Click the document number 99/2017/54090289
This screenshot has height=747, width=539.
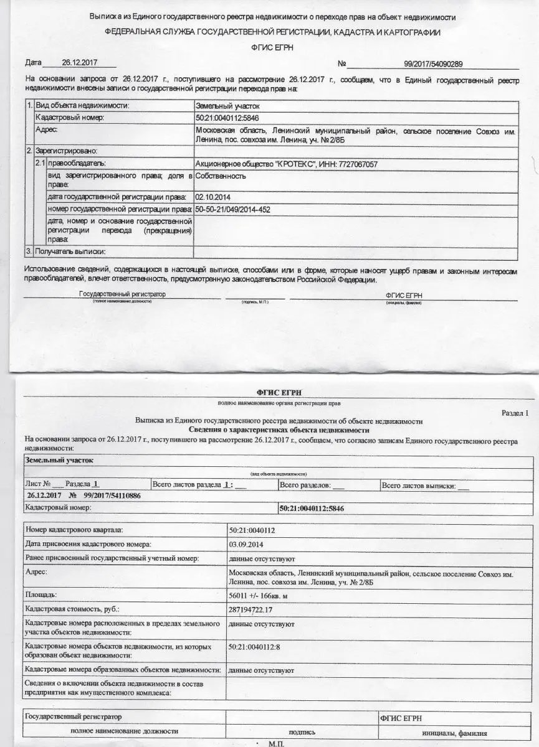click(433, 63)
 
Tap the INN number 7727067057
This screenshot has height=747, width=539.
click(356, 164)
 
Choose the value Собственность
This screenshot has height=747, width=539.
click(221, 176)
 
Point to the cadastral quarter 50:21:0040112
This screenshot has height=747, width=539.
click(252, 530)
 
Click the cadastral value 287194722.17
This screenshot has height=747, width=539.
click(256, 609)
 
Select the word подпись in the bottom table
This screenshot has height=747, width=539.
click(302, 733)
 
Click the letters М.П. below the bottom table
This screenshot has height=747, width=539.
click(275, 743)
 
